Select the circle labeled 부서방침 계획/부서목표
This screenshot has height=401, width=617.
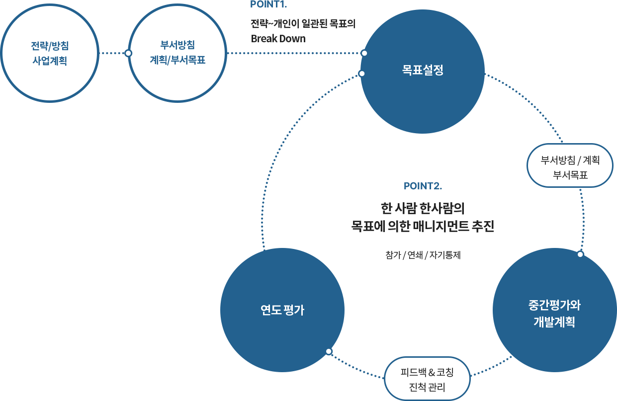(177, 53)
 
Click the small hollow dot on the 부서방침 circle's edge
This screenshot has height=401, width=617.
(128, 53)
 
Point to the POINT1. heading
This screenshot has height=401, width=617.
(268, 4)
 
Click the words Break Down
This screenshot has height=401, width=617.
(278, 38)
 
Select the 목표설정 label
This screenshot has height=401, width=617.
(422, 70)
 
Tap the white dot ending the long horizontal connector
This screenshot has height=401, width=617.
(364, 53)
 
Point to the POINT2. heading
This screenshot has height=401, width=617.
(423, 186)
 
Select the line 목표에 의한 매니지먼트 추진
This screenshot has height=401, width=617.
(422, 226)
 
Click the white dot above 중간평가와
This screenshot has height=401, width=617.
(580, 254)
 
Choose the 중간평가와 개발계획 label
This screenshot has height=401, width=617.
(554, 313)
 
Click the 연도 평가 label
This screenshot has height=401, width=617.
(282, 311)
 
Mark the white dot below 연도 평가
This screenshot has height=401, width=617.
(329, 351)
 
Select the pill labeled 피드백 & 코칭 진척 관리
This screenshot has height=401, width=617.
(428, 379)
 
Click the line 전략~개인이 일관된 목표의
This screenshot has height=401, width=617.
(302, 23)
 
